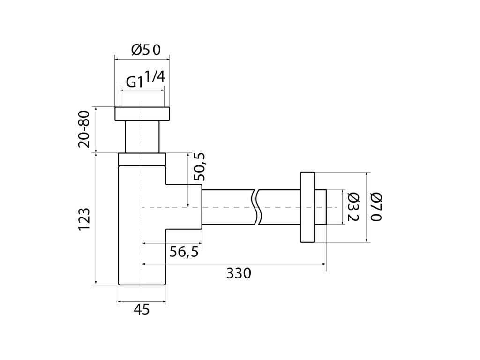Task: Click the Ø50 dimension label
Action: pos(146,50)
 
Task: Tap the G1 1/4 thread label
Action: pos(146,79)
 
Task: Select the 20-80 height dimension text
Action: pos(84,129)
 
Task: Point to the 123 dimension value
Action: pos(84,219)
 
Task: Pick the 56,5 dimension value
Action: pos(184,252)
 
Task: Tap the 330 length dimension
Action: pos(239,273)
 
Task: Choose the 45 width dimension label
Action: pos(142,309)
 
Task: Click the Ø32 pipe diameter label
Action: pos(353,207)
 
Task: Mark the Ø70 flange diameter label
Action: pos(376,207)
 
